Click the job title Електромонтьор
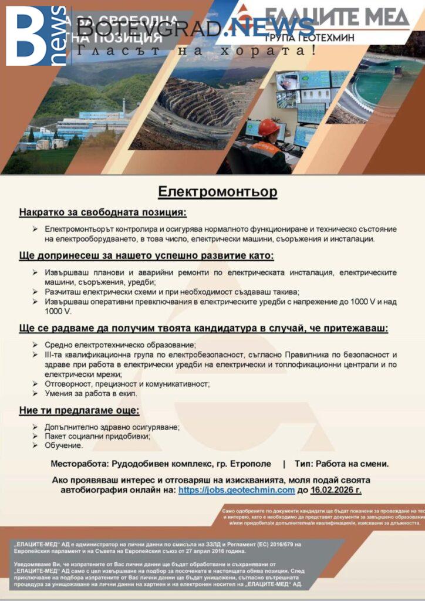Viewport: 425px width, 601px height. tap(217, 192)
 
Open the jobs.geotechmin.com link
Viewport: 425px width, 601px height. tap(236, 489)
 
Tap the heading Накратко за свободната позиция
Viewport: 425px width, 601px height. tap(102, 212)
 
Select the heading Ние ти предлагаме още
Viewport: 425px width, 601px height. tap(79, 411)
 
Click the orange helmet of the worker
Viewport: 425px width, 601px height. tap(268, 127)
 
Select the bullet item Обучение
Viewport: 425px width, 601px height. tap(64, 445)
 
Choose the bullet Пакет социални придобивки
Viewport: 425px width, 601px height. tap(97, 436)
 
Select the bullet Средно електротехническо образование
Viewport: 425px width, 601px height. tap(120, 345)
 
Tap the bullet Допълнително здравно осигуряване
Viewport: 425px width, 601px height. tap(112, 427)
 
